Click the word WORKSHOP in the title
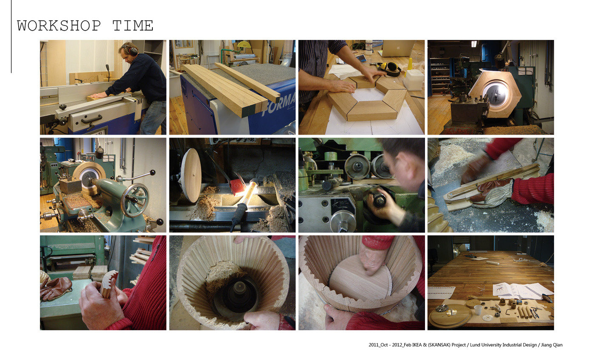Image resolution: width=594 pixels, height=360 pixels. (x=59, y=25)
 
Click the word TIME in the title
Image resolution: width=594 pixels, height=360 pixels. (x=132, y=25)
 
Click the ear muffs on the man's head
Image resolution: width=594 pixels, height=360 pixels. (x=132, y=50)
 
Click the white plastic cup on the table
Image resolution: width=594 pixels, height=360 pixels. (x=478, y=309)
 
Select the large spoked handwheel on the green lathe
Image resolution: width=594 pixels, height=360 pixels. (x=135, y=200)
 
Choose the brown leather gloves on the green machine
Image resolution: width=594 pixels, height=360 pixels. (x=55, y=288)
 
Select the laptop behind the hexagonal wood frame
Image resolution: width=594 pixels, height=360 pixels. (x=397, y=48)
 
